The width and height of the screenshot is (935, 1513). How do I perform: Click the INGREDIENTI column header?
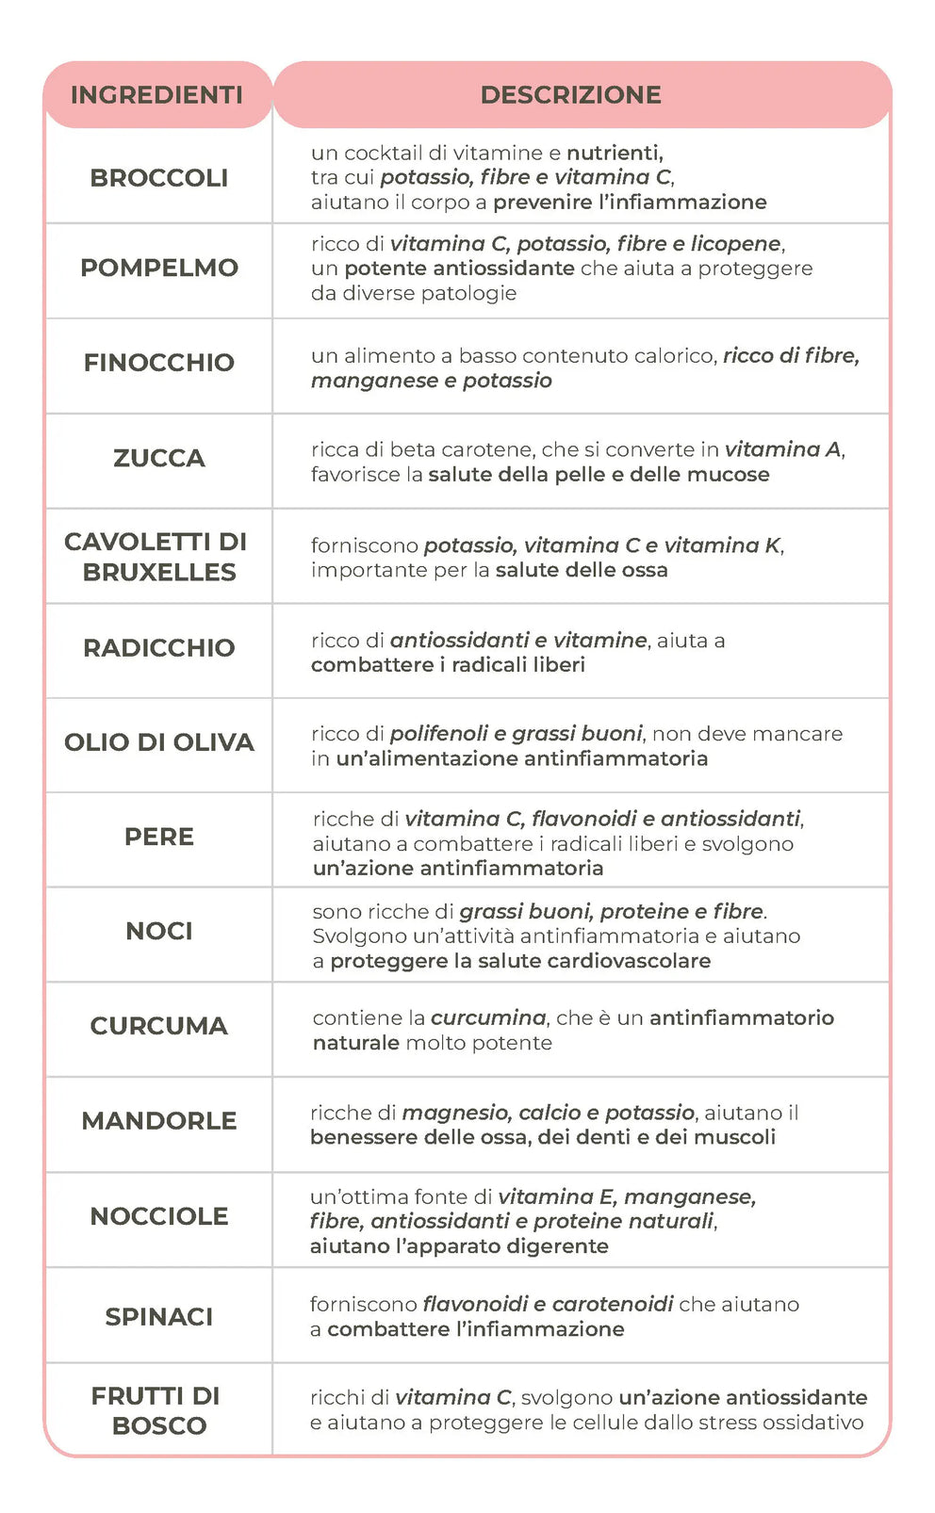(156, 95)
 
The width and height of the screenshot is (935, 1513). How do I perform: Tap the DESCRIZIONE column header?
(570, 95)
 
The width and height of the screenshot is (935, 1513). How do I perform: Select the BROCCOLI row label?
(159, 178)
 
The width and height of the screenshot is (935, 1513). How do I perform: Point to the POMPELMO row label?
(159, 268)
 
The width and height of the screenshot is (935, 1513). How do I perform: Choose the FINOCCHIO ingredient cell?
(159, 363)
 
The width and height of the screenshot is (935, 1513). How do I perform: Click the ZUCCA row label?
(159, 459)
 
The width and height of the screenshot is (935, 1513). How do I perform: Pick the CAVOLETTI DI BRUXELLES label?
(157, 557)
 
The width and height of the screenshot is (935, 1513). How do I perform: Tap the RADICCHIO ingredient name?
(159, 648)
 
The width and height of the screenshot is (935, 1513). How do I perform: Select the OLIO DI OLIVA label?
(159, 742)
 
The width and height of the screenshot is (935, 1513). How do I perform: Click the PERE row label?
(159, 837)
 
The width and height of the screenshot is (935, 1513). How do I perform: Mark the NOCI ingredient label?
(159, 931)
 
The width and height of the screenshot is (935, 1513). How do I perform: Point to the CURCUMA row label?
(159, 1026)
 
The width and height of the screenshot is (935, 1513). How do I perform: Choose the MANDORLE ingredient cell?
(159, 1121)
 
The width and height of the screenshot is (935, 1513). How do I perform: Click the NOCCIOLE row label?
(159, 1216)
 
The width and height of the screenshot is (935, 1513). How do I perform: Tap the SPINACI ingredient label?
(159, 1316)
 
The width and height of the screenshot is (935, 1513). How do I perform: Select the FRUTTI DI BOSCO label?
(157, 1410)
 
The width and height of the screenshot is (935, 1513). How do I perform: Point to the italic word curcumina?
(488, 1018)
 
